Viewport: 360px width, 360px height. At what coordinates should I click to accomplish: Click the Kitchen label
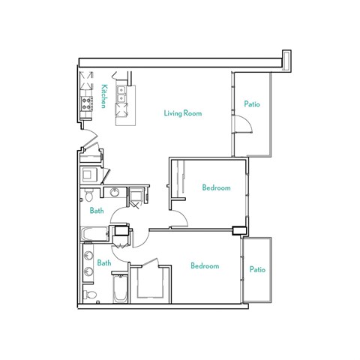(103, 96)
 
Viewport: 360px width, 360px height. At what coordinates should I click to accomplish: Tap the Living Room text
(184, 113)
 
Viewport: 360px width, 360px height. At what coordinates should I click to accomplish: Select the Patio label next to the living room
(252, 104)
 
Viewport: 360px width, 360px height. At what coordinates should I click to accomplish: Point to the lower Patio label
(258, 269)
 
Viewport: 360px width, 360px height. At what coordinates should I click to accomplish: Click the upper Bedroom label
(216, 187)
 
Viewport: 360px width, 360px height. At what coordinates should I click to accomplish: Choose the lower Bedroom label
(204, 266)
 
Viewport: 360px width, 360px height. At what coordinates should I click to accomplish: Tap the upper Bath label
(97, 211)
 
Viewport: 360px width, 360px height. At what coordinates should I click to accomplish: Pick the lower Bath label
(103, 263)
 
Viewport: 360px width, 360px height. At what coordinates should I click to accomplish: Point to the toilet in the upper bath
(88, 198)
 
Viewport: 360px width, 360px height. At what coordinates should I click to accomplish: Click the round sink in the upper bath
(115, 193)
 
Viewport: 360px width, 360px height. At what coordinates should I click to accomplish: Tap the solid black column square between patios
(239, 230)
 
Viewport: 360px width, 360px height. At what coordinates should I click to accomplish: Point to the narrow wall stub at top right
(285, 59)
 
